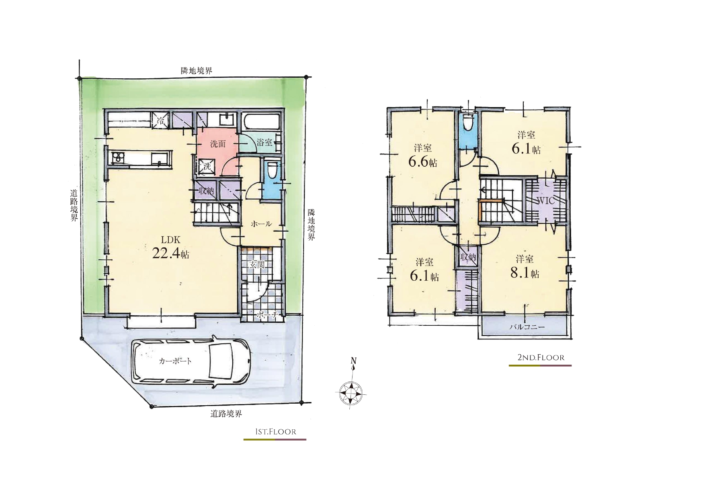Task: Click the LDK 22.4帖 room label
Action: [x=171, y=248]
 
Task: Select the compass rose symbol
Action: [x=351, y=392]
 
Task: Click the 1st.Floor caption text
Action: [x=275, y=432]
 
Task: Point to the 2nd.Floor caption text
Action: [x=541, y=357]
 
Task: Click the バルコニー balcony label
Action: [x=527, y=327]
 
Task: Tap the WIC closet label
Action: [x=545, y=201]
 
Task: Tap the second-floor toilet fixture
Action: [x=467, y=122]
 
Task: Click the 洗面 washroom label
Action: [x=218, y=144]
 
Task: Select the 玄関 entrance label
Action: [x=257, y=265]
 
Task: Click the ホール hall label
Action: [x=261, y=224]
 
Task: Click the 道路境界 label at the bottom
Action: [x=226, y=414]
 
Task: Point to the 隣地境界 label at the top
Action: [x=197, y=71]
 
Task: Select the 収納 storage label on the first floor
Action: [x=206, y=191]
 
